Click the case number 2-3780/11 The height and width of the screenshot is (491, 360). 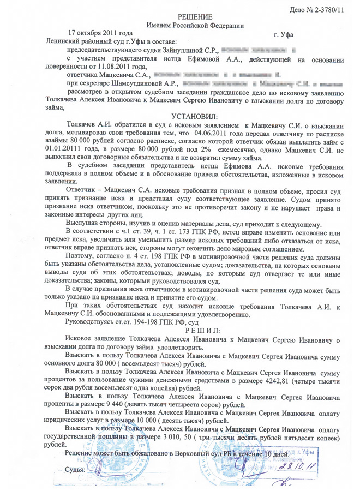[x=332, y=10]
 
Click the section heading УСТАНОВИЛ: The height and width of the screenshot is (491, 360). [x=194, y=116]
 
